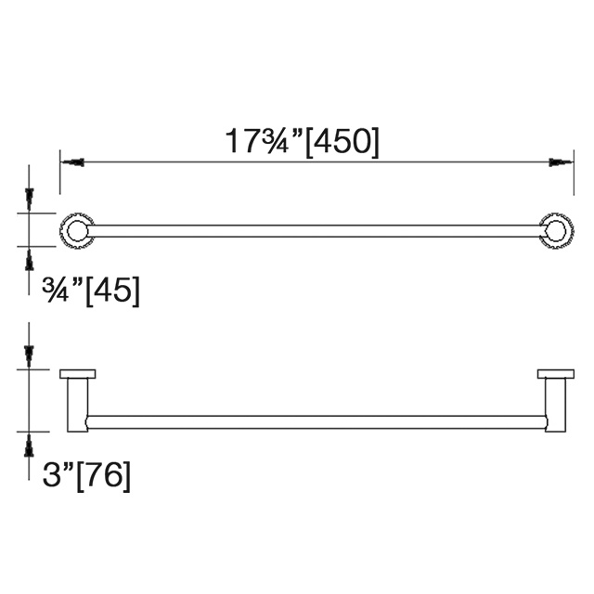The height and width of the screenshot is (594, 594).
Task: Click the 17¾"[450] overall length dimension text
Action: point(303,141)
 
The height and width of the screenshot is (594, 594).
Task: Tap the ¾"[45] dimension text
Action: point(91,291)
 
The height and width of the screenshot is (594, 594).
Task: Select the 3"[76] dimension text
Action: point(86,476)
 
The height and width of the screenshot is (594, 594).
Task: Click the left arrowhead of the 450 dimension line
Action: point(73,162)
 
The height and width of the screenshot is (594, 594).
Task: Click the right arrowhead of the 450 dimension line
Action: point(557,162)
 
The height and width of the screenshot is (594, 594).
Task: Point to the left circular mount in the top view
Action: point(76,229)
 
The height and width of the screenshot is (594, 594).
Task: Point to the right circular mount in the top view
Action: point(556,229)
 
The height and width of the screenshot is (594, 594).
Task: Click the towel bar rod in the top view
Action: point(316,229)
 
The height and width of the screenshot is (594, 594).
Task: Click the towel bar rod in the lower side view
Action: point(316,421)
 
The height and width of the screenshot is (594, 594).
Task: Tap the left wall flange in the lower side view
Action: point(78,374)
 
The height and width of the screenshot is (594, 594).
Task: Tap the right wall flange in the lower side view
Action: point(556,374)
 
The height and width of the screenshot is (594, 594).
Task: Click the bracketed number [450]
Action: point(342,141)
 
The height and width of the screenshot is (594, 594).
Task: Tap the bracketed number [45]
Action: point(112,291)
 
